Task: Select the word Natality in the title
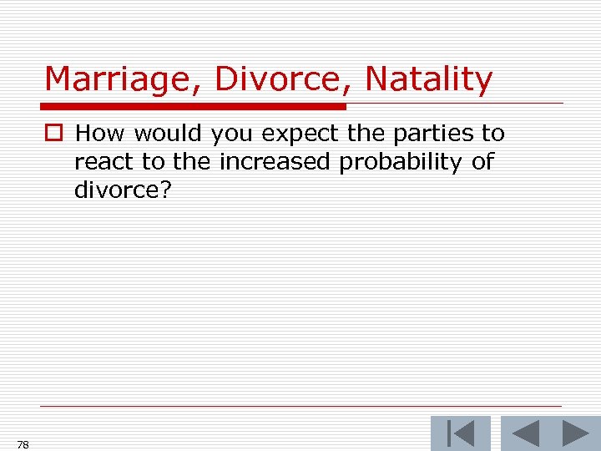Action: pos(429,80)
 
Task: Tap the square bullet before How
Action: pos(55,134)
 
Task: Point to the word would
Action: pos(166,134)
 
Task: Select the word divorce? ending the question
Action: pos(123,190)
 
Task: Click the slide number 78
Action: pos(23,444)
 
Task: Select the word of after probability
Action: pos(482,162)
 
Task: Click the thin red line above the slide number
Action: pos(300,407)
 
